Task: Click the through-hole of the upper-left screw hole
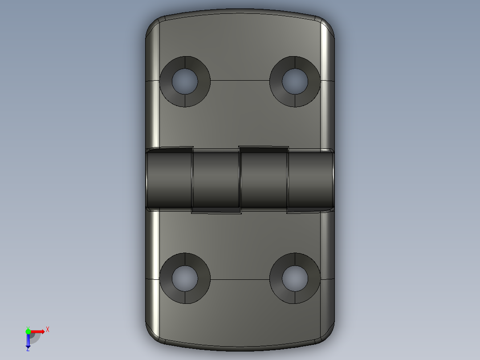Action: [x=185, y=82]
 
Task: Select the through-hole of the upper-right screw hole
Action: [x=295, y=81]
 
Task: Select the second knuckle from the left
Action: [x=216, y=180]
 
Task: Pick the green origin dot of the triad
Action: [x=28, y=331]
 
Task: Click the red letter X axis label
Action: [x=48, y=330]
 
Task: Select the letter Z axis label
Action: [x=28, y=349]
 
